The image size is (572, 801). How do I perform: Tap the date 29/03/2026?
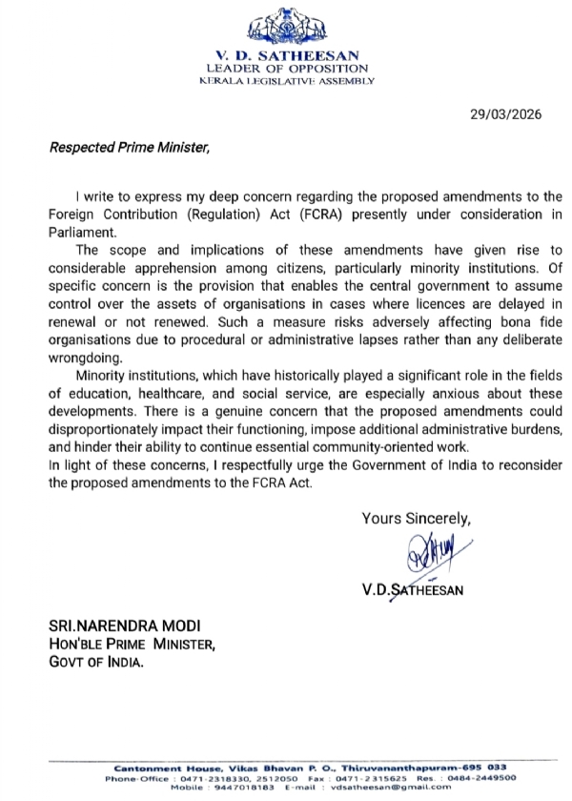(506, 113)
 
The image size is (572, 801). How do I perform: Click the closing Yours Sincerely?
(417, 519)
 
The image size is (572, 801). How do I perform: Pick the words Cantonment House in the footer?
(146, 769)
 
